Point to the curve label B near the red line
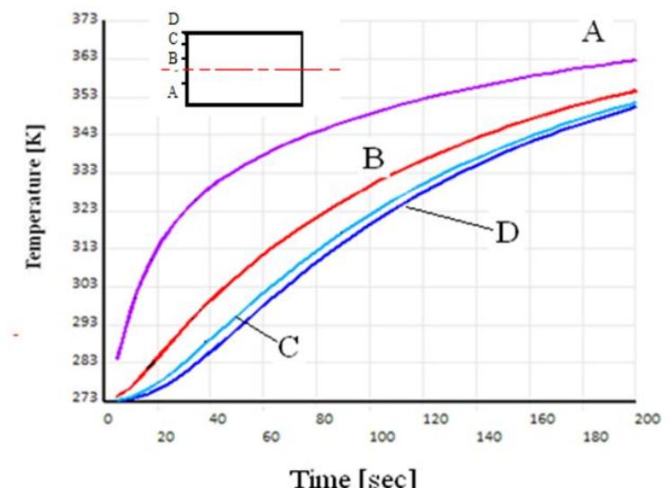[374, 159]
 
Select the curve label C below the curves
[286, 347]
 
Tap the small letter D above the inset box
[172, 18]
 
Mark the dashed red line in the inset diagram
[260, 69]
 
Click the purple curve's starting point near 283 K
[118, 358]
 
